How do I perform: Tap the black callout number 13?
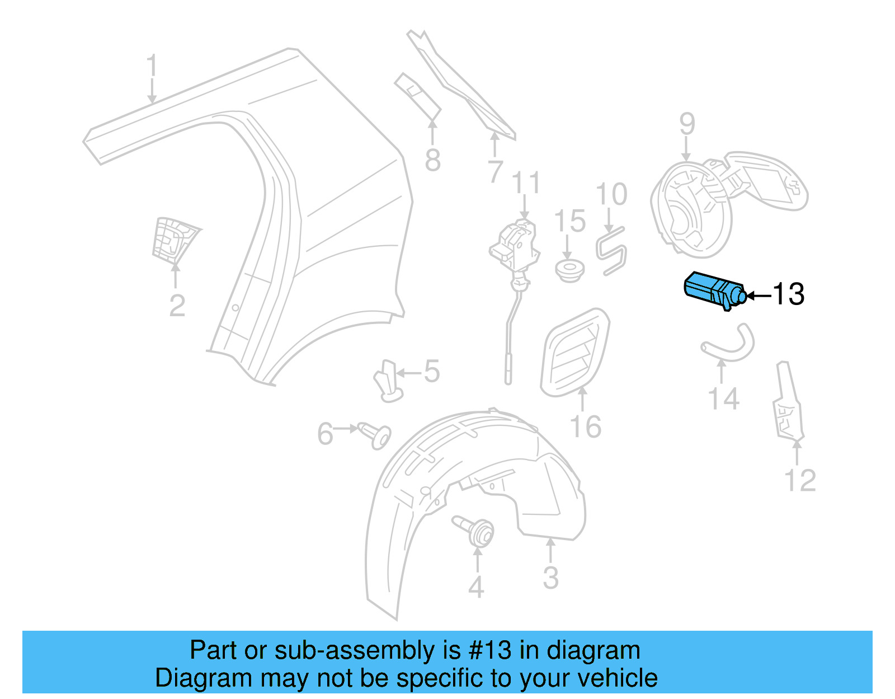pos(788,294)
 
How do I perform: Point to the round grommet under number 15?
pos(569,270)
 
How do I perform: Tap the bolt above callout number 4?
pos(476,531)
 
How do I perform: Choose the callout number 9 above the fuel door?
pos(687,125)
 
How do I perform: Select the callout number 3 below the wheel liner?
pos(550,578)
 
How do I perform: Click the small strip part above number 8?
pos(418,95)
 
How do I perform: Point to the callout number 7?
pos(495,171)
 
